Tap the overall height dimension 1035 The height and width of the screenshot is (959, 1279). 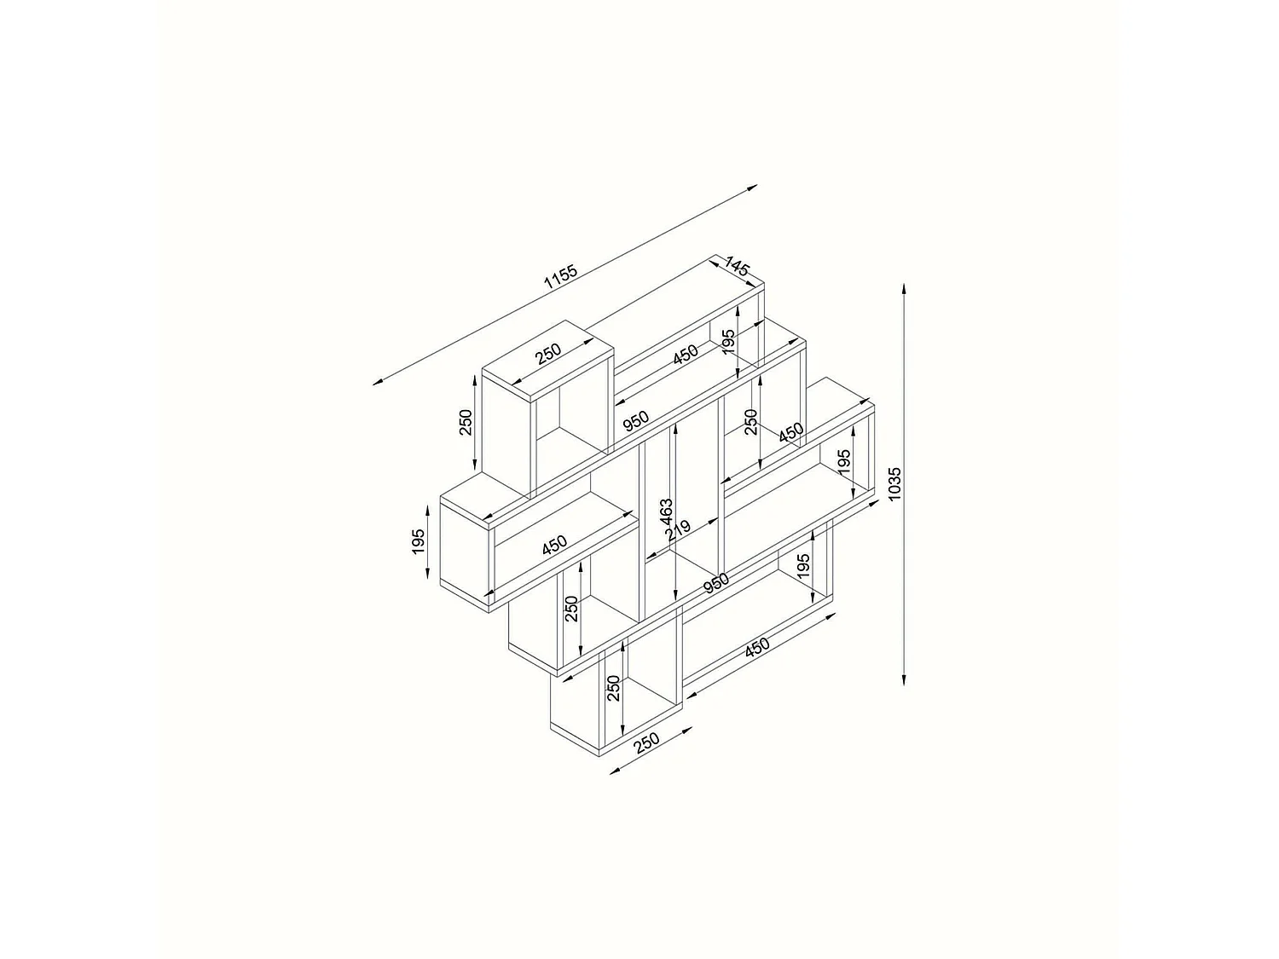(894, 484)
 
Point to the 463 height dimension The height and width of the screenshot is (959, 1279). (667, 512)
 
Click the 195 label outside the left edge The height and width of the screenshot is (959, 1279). (418, 541)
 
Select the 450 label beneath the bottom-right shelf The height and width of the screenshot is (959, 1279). (757, 647)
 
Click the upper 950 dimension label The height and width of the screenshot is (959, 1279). (635, 420)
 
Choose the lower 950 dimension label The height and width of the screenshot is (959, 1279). (716, 583)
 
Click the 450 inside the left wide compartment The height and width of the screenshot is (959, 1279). (554, 545)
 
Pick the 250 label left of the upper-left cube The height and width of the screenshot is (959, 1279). (466, 422)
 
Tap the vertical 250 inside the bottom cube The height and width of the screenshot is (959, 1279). (612, 688)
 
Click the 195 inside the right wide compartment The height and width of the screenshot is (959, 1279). (844, 463)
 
